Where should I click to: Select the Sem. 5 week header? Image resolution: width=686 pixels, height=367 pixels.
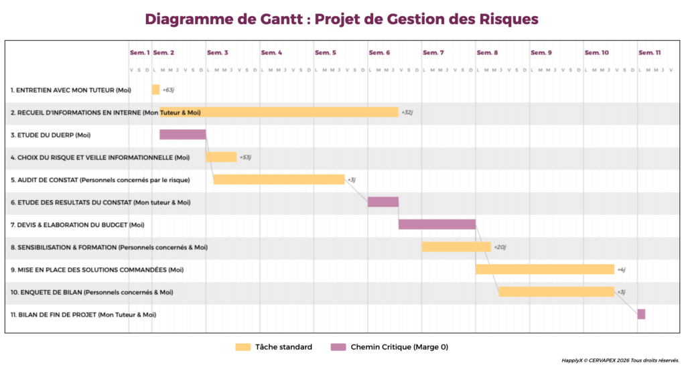326,52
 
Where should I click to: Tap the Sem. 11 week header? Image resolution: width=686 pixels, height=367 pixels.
649,52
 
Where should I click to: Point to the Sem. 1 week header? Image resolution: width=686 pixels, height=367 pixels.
139,52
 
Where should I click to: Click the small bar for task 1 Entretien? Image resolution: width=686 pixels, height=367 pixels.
156,90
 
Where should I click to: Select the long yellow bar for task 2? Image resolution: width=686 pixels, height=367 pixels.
279,113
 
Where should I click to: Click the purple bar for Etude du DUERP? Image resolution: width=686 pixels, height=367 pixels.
182,135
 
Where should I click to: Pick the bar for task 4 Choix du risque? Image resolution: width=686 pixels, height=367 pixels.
221,157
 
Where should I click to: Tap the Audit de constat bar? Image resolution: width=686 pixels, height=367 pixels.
279,179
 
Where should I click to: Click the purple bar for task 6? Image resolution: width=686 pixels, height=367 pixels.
383,202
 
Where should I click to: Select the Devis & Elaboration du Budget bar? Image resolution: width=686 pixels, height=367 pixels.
437,224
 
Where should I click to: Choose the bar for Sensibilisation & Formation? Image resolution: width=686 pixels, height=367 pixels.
456,247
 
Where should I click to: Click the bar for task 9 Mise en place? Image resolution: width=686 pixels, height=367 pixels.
545,269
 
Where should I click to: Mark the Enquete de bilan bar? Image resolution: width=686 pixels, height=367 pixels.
556,291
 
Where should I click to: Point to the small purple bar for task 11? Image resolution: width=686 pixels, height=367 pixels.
641,314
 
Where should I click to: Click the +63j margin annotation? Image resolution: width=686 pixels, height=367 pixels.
168,90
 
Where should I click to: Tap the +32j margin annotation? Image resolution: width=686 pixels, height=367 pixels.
407,113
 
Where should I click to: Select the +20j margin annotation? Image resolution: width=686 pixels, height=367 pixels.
500,247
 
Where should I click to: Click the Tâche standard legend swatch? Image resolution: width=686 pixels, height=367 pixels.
243,347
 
